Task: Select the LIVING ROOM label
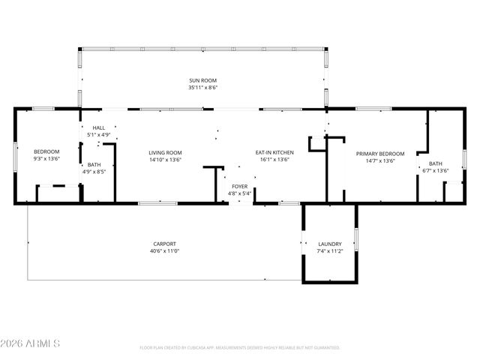click(164, 153)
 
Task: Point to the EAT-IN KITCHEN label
click(275, 153)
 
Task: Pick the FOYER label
click(239, 186)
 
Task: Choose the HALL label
click(99, 128)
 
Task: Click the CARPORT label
click(164, 244)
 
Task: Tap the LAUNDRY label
click(329, 244)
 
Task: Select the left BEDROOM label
click(46, 152)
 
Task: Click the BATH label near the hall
click(94, 165)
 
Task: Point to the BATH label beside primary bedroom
click(436, 164)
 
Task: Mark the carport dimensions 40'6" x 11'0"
click(164, 251)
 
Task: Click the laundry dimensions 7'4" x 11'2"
click(329, 251)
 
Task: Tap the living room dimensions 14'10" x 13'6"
click(164, 160)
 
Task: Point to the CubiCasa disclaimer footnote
click(239, 348)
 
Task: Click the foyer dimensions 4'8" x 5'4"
click(239, 193)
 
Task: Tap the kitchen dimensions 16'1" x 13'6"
click(275, 160)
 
